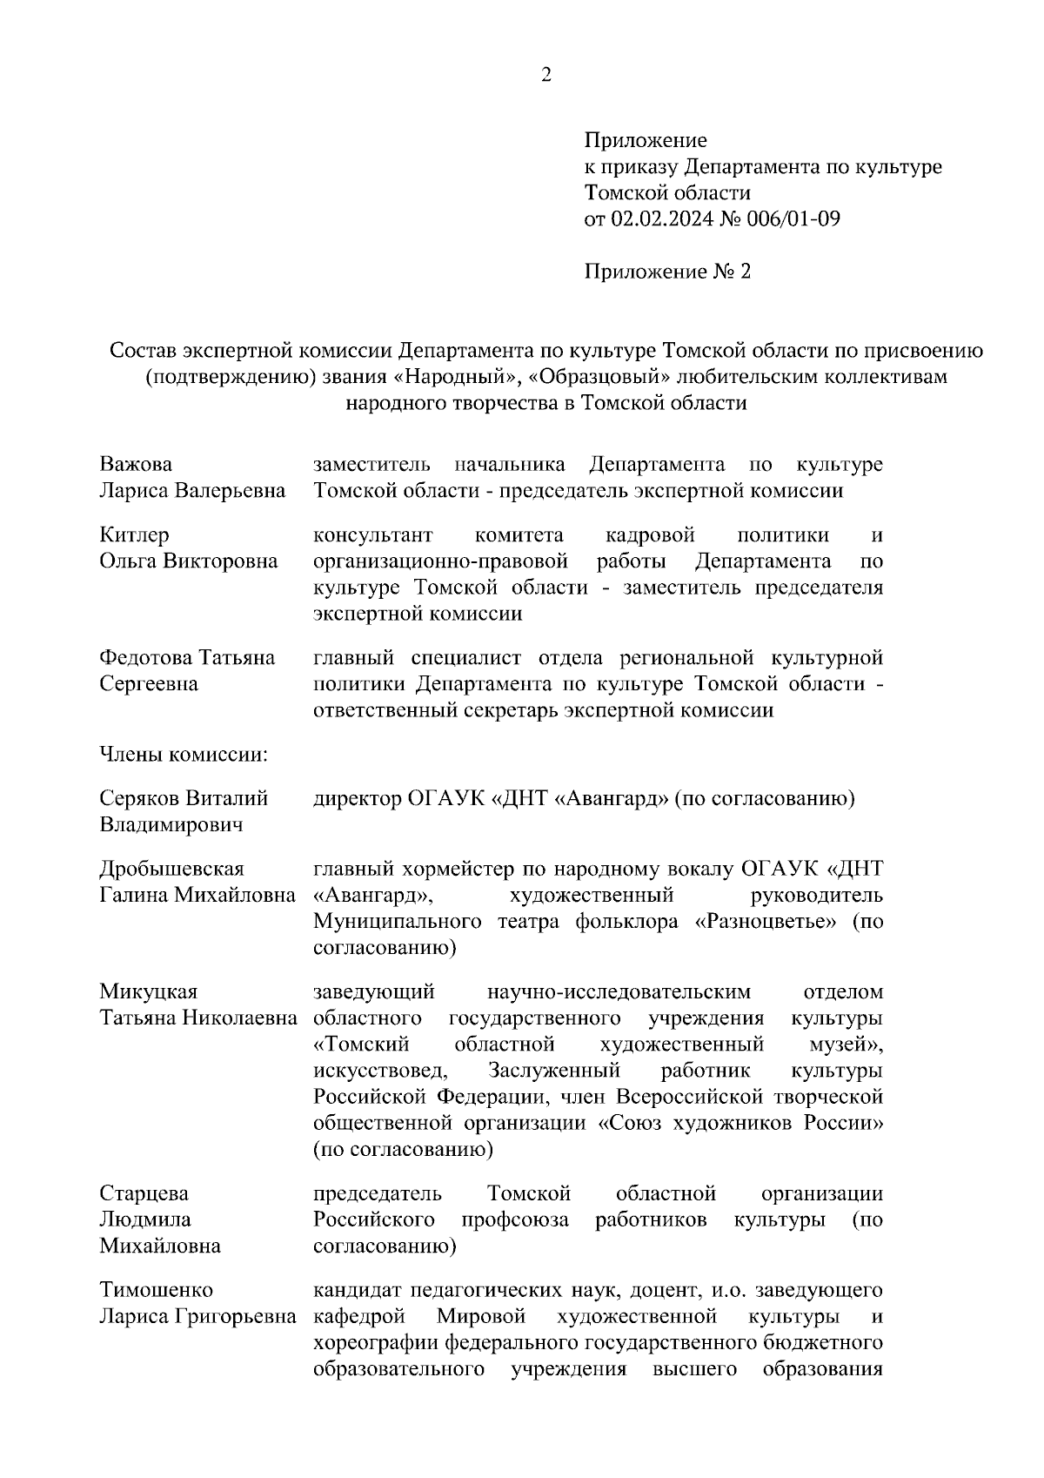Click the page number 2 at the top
point(546,76)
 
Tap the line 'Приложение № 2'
point(666,272)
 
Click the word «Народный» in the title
point(468,377)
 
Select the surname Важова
point(135,465)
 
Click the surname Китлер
point(134,534)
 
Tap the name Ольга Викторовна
point(188,561)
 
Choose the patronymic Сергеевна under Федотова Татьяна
point(149,684)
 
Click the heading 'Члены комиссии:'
point(184,755)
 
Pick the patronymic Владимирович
point(171,824)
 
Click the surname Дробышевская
point(171,869)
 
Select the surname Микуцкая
point(148,992)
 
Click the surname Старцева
point(144,1193)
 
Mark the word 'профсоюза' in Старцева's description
point(515,1219)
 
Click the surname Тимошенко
point(156,1290)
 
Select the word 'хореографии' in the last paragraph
point(376,1342)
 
